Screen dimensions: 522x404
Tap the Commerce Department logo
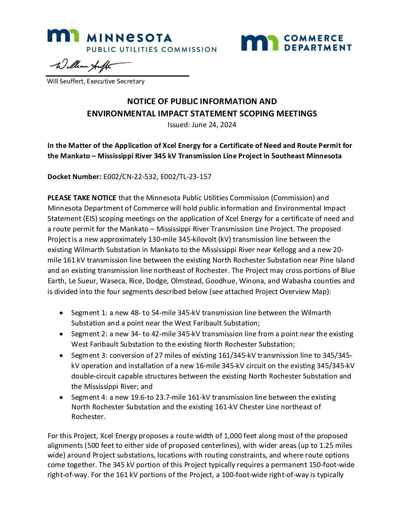(x=296, y=43)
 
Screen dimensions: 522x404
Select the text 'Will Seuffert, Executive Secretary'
(x=96, y=81)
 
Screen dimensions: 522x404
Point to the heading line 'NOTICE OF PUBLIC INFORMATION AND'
(x=202, y=101)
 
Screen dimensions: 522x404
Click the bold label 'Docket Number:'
(x=74, y=176)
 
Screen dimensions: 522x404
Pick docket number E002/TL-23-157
(x=186, y=176)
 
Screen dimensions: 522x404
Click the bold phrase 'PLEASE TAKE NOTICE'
(x=82, y=198)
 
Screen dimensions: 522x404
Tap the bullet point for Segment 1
(x=61, y=313)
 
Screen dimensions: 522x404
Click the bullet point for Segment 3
(x=61, y=355)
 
